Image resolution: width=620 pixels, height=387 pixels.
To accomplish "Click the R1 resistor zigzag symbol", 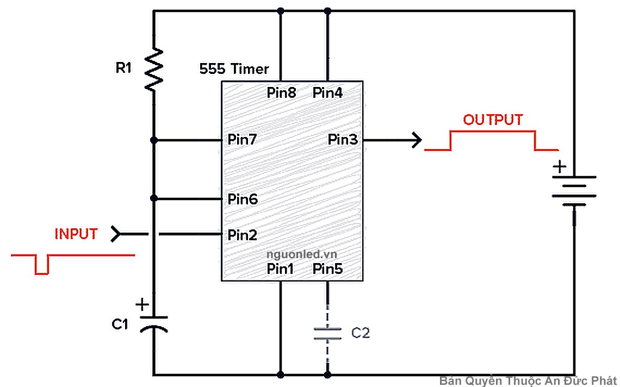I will [x=154, y=68].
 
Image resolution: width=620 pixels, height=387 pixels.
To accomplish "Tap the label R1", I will [x=123, y=68].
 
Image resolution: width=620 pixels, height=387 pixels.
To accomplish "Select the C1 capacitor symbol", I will [x=154, y=323].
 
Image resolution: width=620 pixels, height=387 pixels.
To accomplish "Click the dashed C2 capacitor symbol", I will [x=327, y=333].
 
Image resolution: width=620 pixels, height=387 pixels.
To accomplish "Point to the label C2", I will [x=360, y=333].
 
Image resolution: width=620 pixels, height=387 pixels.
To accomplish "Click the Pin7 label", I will [x=243, y=140].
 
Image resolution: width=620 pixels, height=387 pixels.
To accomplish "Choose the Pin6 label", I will [x=243, y=199].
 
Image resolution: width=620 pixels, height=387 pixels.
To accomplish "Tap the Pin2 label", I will [x=243, y=235].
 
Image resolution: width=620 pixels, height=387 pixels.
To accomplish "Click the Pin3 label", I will [x=343, y=140].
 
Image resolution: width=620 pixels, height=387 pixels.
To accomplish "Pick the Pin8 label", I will [x=281, y=93].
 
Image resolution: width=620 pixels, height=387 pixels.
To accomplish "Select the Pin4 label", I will [x=327, y=93].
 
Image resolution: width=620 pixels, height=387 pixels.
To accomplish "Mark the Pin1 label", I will [x=281, y=269].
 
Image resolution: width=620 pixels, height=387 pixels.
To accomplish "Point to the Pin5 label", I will [x=327, y=269].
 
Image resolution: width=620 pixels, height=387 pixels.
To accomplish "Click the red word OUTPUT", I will [x=493, y=120].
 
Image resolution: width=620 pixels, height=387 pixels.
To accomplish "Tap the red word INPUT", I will [x=76, y=234].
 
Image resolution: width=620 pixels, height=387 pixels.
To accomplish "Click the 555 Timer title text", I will [x=234, y=69].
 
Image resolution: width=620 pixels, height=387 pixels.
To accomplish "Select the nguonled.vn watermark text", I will [x=301, y=254].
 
